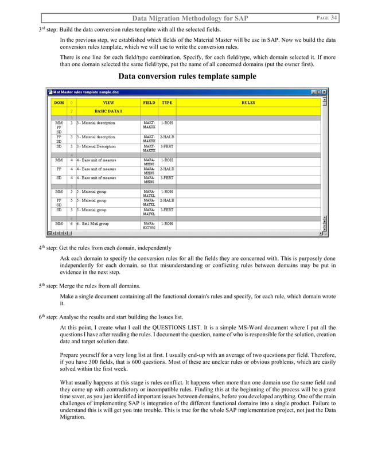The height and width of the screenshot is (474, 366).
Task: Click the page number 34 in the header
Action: point(333,18)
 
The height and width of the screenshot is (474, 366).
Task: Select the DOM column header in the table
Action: point(59,102)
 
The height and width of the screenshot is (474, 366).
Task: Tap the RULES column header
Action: point(248,102)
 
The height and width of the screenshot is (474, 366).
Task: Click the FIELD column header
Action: point(149,102)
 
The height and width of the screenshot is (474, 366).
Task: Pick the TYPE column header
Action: point(167,102)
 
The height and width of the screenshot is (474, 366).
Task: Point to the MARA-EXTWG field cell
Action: point(149,225)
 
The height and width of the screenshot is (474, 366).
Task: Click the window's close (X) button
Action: point(324,92)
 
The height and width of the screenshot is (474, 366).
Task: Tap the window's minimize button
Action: point(313,92)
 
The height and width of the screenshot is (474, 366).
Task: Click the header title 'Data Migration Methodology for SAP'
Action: point(190,19)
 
